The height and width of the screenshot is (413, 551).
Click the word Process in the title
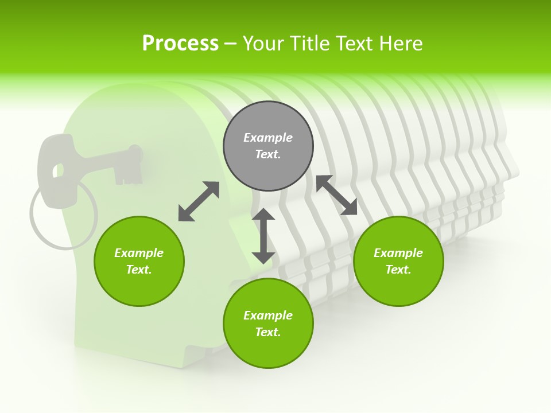pyautogui.click(x=180, y=44)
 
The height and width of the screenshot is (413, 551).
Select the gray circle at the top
pyautogui.click(x=268, y=146)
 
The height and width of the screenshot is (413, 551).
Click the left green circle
pyautogui.click(x=139, y=261)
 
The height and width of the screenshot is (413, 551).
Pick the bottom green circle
pyautogui.click(x=268, y=324)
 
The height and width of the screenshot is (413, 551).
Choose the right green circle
pyautogui.click(x=398, y=261)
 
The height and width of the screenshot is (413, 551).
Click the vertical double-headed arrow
pyautogui.click(x=263, y=236)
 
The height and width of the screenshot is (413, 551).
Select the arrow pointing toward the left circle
pyautogui.click(x=199, y=201)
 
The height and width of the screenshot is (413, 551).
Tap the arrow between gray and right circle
pyautogui.click(x=336, y=195)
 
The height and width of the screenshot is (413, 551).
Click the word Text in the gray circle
pyautogui.click(x=267, y=154)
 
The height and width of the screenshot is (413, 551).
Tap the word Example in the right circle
pyautogui.click(x=398, y=253)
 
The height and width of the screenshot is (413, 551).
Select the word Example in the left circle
pyautogui.click(x=139, y=253)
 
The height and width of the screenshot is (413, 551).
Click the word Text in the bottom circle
pyautogui.click(x=267, y=332)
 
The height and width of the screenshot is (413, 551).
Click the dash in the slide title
pyautogui.click(x=230, y=44)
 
